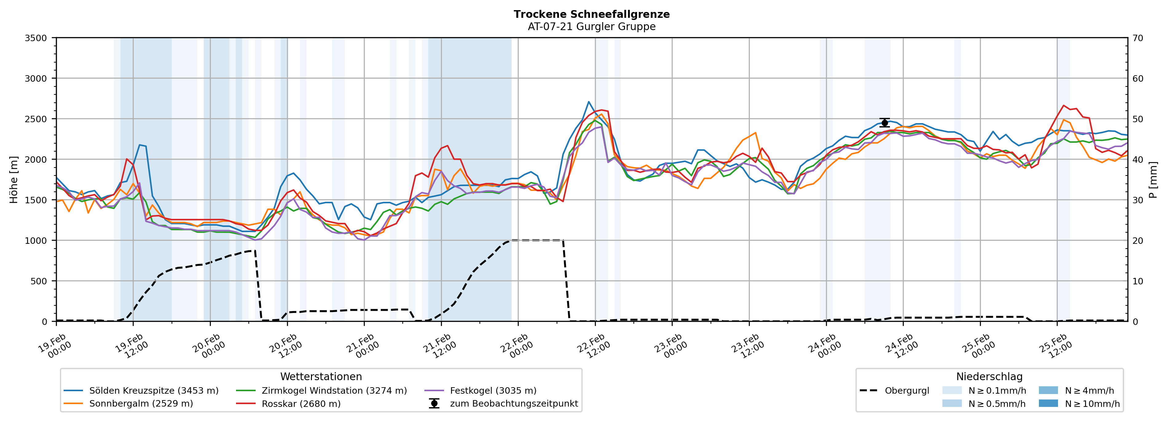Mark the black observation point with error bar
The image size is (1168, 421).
[884, 123]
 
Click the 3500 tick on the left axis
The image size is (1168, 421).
[36, 38]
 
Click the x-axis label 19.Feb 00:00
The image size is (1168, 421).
[54, 346]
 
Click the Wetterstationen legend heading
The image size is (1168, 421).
[321, 376]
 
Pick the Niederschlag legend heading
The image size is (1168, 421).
[989, 376]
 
